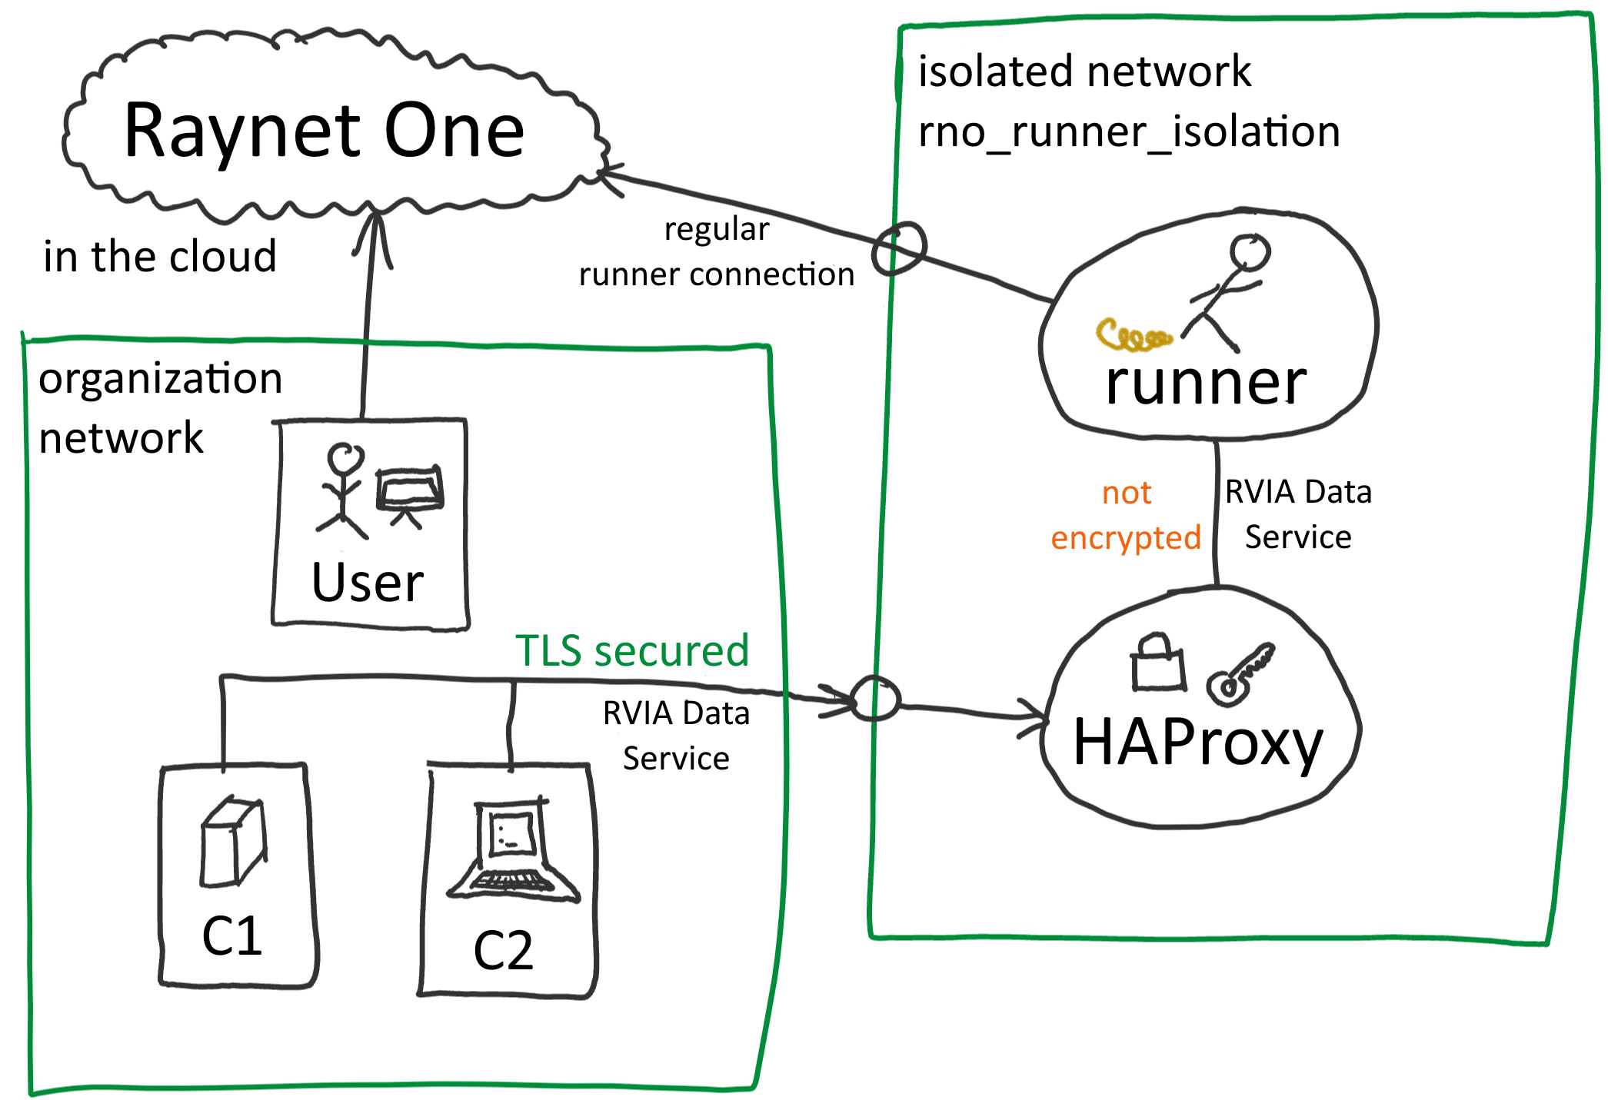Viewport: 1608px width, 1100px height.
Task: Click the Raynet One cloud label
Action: pyautogui.click(x=324, y=131)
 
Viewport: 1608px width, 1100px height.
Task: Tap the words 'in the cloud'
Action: pyautogui.click(x=160, y=257)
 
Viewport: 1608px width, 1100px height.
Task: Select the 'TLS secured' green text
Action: pyautogui.click(x=631, y=651)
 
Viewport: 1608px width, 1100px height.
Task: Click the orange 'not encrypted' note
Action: pyautogui.click(x=1126, y=515)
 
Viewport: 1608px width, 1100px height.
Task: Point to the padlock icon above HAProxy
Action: pyautogui.click(x=1157, y=662)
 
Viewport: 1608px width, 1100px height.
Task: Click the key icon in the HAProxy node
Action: pyautogui.click(x=1240, y=674)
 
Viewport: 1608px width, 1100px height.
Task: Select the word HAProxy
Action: pyautogui.click(x=1197, y=743)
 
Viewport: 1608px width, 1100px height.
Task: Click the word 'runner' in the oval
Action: pyautogui.click(x=1206, y=382)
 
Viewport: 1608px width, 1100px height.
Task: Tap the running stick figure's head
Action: pyautogui.click(x=1250, y=252)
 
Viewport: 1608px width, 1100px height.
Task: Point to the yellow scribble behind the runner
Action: pyautogui.click(x=1133, y=336)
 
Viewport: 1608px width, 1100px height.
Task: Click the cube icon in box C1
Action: pyautogui.click(x=234, y=842)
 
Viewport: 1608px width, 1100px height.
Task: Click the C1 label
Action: pyautogui.click(x=231, y=936)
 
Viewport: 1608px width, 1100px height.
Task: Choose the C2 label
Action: pyautogui.click(x=503, y=951)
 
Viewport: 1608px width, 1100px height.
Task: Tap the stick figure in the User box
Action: pyautogui.click(x=343, y=490)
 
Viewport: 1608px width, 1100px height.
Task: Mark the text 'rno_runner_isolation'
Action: pyautogui.click(x=1129, y=132)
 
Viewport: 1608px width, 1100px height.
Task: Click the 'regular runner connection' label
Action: pyautogui.click(x=716, y=252)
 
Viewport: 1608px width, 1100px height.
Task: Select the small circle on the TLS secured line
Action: pyautogui.click(x=875, y=698)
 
